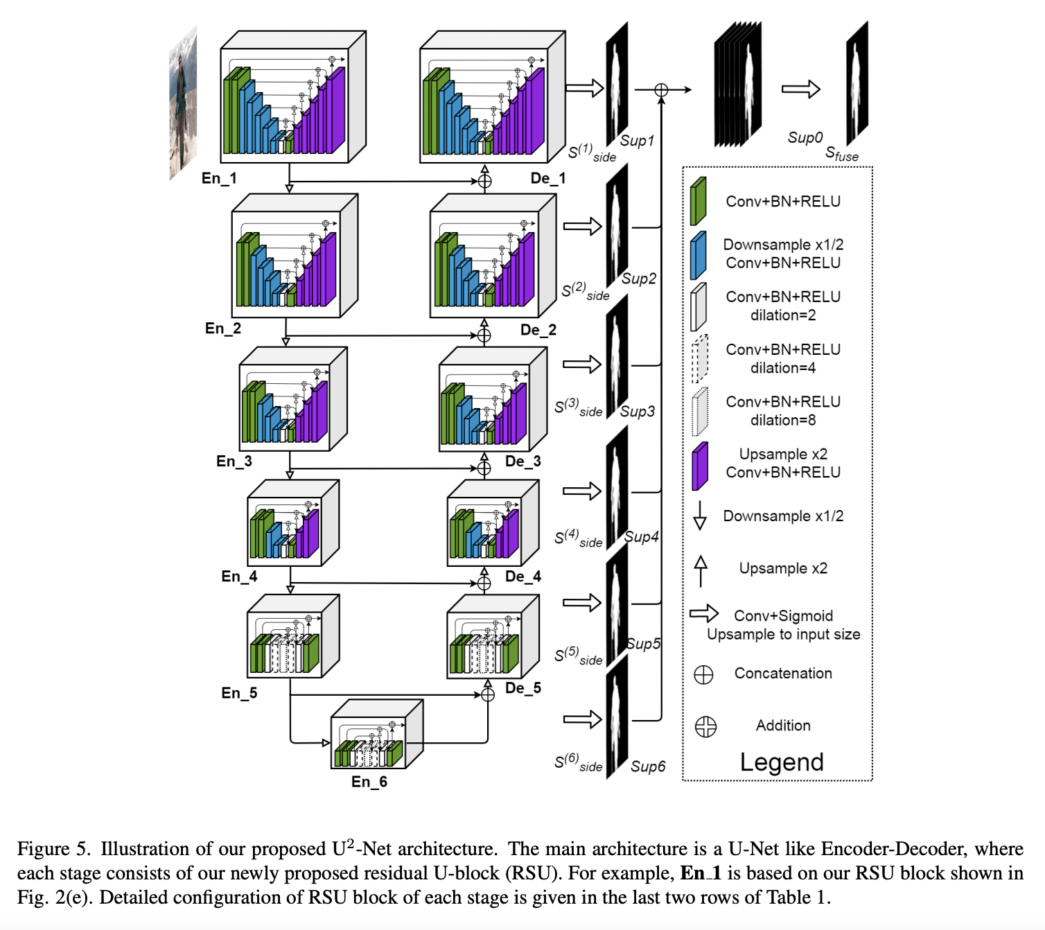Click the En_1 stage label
pos(219,178)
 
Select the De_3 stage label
pos(522,462)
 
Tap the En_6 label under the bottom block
pos(369,782)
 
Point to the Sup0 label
pos(805,138)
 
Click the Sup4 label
pos(641,536)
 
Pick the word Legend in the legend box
pos(782,762)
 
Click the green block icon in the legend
pos(698,202)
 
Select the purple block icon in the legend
pos(700,466)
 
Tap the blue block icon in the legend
pos(698,255)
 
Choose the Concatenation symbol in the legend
pos(703,674)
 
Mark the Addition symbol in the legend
pos(705,726)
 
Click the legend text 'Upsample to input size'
pos(783,634)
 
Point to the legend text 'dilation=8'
pos(783,420)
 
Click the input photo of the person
pos(183,104)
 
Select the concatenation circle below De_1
pos(485,182)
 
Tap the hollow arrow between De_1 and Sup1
pos(585,88)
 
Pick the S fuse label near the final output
pos(841,154)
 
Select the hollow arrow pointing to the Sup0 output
pos(800,89)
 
